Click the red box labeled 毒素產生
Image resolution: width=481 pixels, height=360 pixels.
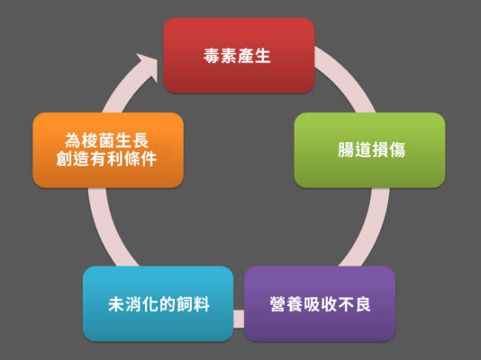coord(239,55)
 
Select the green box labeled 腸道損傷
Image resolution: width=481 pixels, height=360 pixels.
coord(369,150)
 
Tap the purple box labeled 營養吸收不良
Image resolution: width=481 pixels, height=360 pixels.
coord(320,303)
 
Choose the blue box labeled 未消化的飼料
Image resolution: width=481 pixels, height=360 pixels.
coord(158,303)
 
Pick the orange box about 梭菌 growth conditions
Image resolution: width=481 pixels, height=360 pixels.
coord(108,150)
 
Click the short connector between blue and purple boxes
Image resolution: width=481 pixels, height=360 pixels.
coord(239,319)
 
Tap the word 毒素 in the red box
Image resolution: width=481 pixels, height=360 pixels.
coord(220,56)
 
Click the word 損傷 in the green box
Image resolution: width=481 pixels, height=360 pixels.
coord(389,149)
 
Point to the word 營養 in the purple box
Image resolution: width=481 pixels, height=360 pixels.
coord(286,304)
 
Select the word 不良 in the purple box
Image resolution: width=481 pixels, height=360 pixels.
coord(354,304)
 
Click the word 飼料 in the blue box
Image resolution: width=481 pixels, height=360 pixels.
coord(194,304)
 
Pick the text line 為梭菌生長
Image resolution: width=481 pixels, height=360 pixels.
coord(107,140)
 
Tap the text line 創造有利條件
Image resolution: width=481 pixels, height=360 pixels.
coord(106,158)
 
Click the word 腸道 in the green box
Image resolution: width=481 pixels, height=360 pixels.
coord(355,149)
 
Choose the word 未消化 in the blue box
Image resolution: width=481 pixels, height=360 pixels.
coord(133,304)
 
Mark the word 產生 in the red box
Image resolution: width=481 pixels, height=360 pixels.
coord(254,56)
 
